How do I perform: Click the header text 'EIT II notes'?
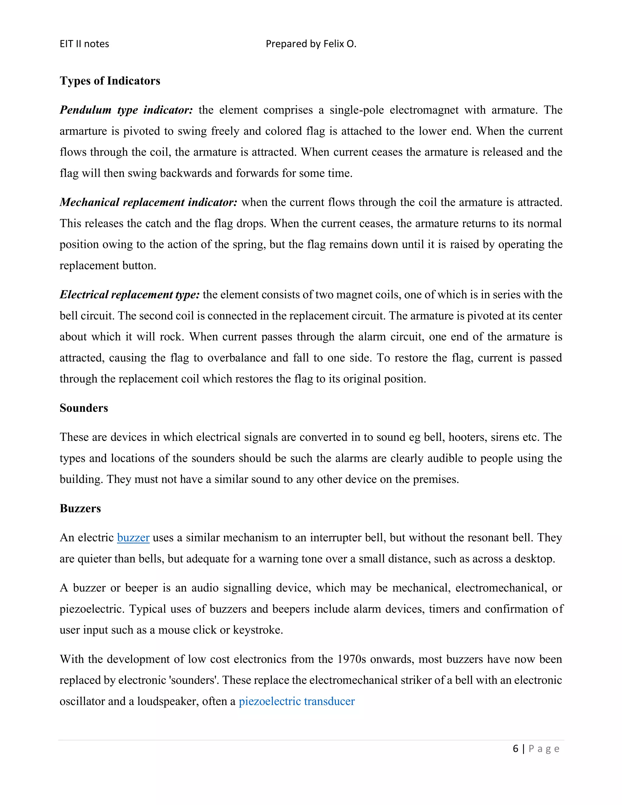(84, 44)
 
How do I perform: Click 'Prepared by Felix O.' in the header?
(311, 44)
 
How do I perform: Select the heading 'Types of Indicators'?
(110, 81)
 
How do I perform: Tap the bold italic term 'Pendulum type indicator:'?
(126, 110)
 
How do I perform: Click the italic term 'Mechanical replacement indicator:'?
(148, 202)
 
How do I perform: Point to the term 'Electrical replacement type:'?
(129, 294)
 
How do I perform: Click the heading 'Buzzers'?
(80, 508)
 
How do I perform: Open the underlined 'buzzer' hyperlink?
(133, 537)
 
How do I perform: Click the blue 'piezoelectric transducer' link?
(297, 701)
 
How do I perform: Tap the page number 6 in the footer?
(515, 748)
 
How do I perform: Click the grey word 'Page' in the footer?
(544, 748)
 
